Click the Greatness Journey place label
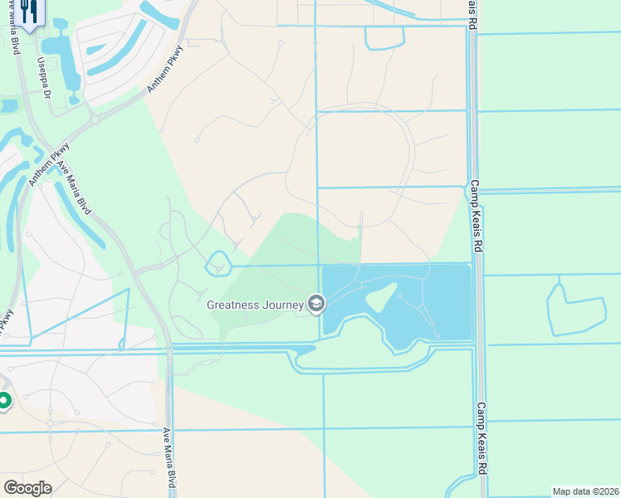(256, 305)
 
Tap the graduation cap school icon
(315, 305)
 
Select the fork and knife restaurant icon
(29, 12)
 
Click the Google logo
(27, 487)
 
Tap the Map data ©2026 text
(584, 491)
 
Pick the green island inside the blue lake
(379, 296)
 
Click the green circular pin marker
(3, 402)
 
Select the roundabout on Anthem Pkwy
(95, 119)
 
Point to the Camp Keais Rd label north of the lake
(475, 216)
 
